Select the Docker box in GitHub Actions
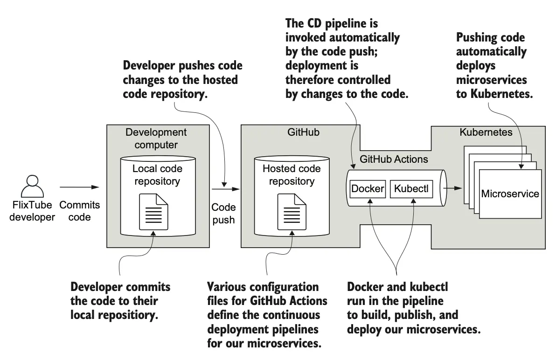point(368,189)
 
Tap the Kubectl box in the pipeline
point(410,189)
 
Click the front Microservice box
point(510,194)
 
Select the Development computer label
point(156,138)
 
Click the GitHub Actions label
point(394,159)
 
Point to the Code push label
point(224,213)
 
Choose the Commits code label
point(79,211)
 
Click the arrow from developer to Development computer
point(79,187)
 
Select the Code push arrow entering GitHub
point(226,189)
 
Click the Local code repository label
point(157,174)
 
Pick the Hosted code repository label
point(291,174)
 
